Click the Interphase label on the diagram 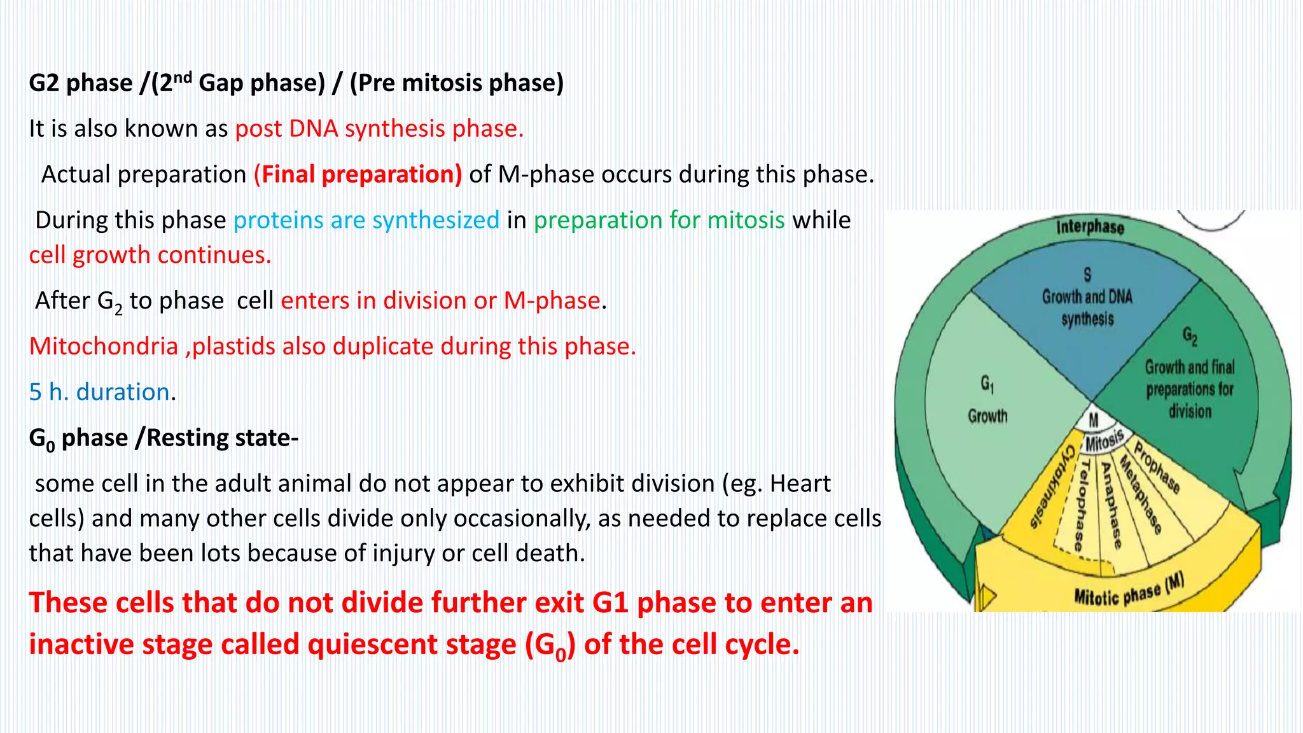point(1090,227)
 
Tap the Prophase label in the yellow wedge point(1157,468)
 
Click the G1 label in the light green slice point(987,384)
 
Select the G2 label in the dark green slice point(1190,335)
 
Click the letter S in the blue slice point(1087,274)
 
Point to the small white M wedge point(1094,420)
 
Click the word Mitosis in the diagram point(1104,440)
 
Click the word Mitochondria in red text point(104,346)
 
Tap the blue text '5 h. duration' point(99,392)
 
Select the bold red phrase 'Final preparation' point(358,174)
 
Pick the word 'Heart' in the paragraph point(800,484)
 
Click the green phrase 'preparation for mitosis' point(659,220)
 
